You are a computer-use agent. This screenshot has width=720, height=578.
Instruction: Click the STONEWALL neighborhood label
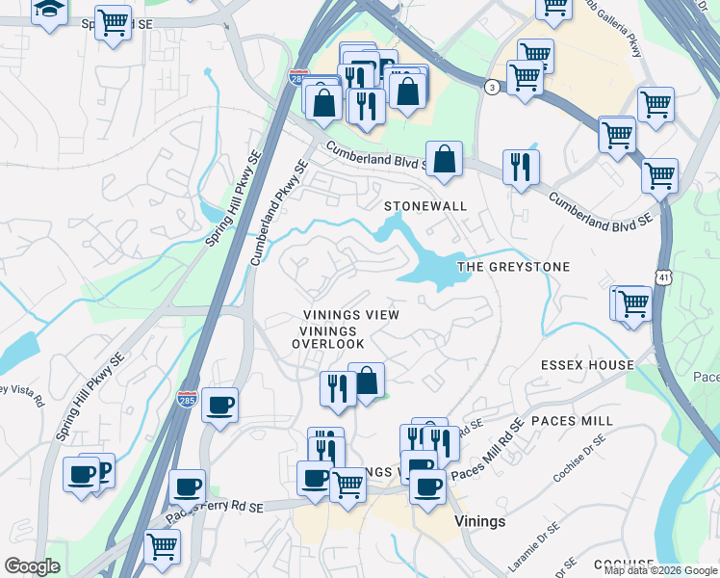coord(424,206)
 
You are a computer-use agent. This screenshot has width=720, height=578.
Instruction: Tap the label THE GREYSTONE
coord(513,267)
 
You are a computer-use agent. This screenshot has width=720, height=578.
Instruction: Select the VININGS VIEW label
coord(350,315)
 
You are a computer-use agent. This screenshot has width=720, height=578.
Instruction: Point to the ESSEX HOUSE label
coord(587,365)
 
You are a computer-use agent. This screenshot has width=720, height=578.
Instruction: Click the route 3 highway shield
coord(493,87)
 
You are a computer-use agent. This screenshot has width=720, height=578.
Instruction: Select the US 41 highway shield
coord(664,277)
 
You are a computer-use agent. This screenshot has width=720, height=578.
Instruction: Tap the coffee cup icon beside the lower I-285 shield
coord(219,405)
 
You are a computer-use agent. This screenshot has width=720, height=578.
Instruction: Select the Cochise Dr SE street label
coord(579,459)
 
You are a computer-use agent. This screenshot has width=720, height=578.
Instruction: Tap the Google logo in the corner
coord(32,566)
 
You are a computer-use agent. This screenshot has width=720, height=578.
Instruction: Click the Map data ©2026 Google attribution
coord(660,570)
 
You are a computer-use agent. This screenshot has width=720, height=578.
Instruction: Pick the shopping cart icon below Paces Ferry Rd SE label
coord(162,546)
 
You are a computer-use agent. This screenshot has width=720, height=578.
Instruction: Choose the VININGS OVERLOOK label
coord(328,337)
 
